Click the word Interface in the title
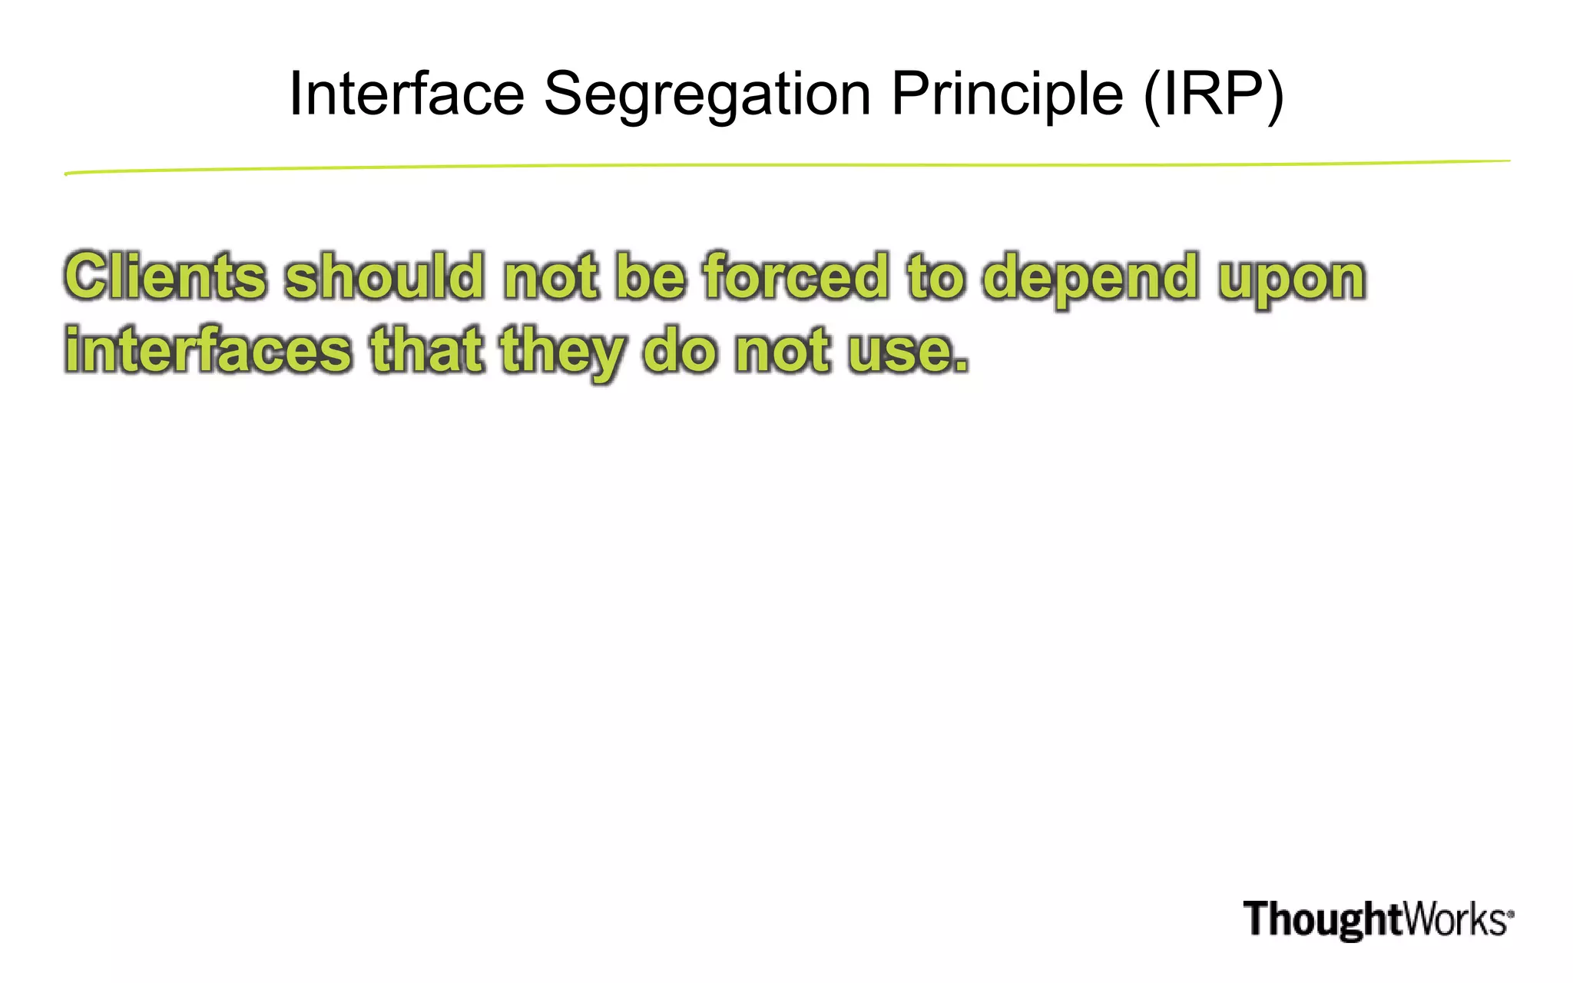(x=406, y=94)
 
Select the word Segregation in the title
(x=707, y=95)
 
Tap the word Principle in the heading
(x=1007, y=95)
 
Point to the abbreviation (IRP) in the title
(x=1214, y=95)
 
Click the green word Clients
(x=165, y=276)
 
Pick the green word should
(x=385, y=276)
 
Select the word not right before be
(x=550, y=277)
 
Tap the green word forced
(x=796, y=276)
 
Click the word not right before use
(x=783, y=351)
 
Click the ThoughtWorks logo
(x=1378, y=919)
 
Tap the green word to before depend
(x=936, y=276)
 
